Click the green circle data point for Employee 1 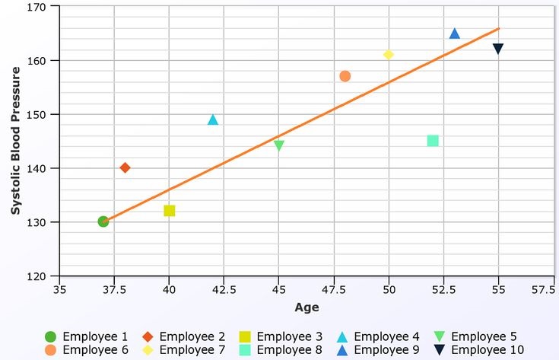coord(103,221)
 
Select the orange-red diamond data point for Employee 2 coord(125,167)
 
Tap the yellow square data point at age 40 coord(170,211)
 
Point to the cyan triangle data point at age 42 coord(213,119)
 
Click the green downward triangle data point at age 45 coord(279,145)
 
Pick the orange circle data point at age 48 coord(345,76)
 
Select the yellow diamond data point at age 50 coord(389,55)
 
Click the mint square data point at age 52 coord(433,141)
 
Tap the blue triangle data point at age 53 coord(455,33)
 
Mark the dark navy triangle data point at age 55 coord(498,49)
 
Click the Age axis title coord(306,308)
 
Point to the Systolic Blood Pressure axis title coord(14,142)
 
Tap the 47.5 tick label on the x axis coord(345,290)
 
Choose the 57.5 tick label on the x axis coord(542,290)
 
